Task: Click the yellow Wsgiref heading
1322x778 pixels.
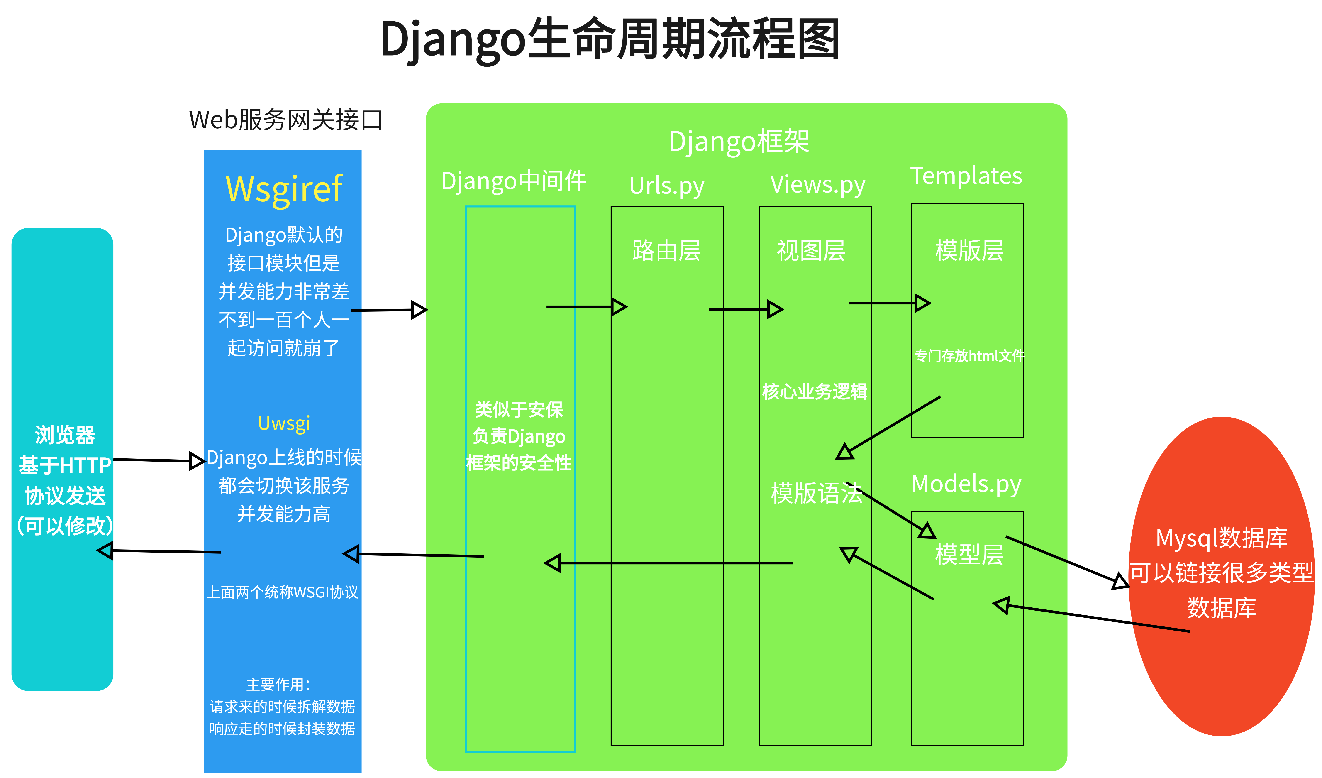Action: (x=284, y=189)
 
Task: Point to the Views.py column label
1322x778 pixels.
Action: (x=817, y=185)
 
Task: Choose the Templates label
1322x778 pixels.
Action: (x=966, y=176)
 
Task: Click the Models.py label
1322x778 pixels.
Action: (x=966, y=484)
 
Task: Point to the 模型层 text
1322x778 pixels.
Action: (x=969, y=555)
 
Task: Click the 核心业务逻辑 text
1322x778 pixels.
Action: (x=814, y=391)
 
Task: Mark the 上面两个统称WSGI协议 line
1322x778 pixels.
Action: (x=282, y=592)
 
